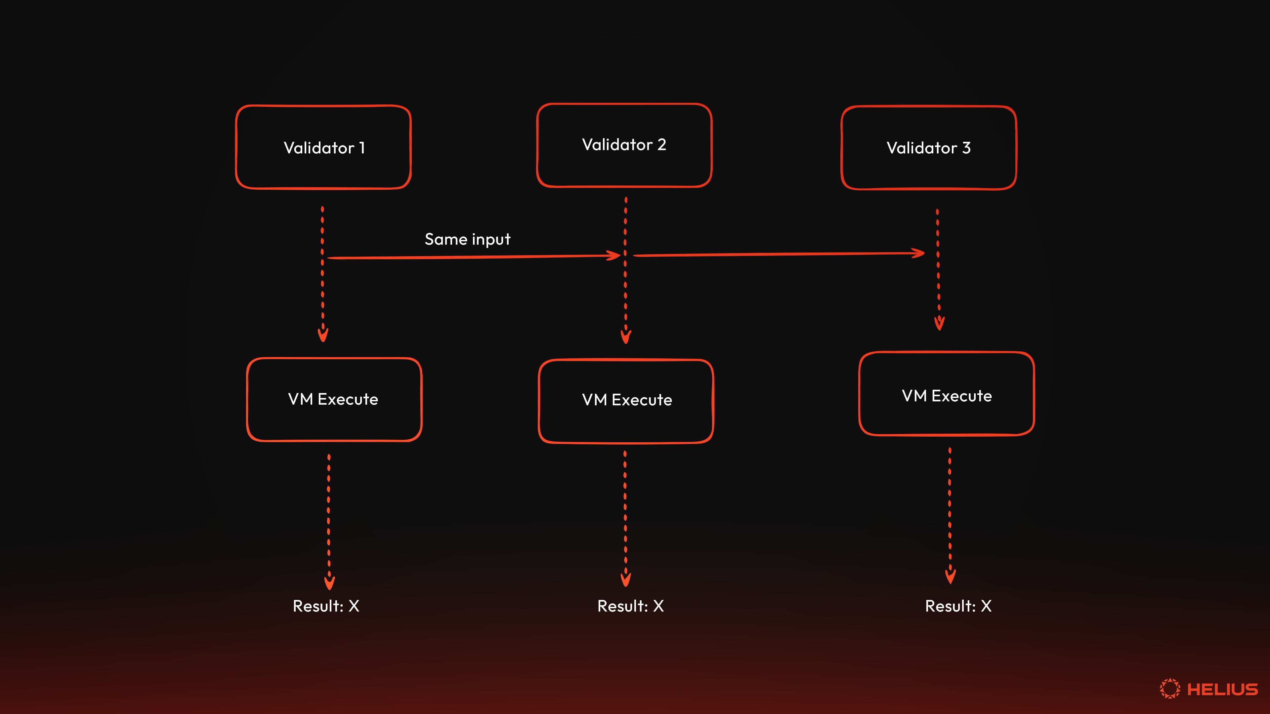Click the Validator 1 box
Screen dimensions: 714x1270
click(x=323, y=147)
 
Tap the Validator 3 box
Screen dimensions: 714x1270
click(x=928, y=148)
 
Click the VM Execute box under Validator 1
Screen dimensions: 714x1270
click(x=334, y=399)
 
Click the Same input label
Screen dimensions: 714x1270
click(x=467, y=239)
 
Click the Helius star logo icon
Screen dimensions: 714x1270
click(x=1169, y=688)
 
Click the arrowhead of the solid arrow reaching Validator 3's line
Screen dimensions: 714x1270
click(x=919, y=253)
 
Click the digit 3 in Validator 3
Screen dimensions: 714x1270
click(x=966, y=148)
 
